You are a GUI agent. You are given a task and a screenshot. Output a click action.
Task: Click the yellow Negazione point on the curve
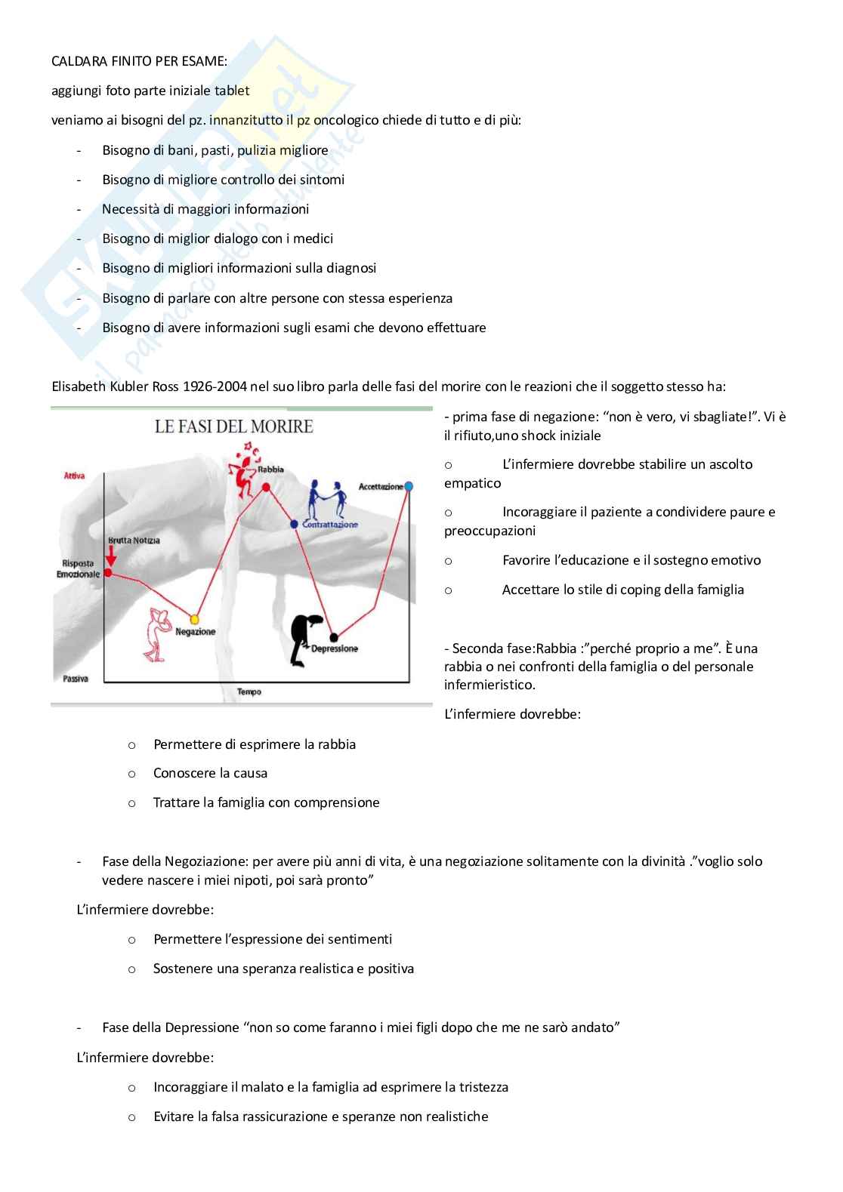(x=195, y=618)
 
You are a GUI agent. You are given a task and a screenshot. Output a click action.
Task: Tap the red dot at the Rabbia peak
(x=266, y=488)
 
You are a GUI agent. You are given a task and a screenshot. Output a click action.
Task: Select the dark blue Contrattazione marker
(x=294, y=523)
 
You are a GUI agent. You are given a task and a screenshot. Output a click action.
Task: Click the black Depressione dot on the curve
(x=334, y=636)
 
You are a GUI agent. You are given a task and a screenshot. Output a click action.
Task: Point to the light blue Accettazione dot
(x=409, y=486)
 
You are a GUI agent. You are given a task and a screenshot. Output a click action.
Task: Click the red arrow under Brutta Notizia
(x=111, y=556)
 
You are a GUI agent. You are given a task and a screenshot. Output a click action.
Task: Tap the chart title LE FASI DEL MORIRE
(x=234, y=427)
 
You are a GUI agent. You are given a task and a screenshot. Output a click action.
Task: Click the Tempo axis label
(x=249, y=691)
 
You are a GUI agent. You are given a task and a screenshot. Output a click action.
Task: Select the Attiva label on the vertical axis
(x=74, y=476)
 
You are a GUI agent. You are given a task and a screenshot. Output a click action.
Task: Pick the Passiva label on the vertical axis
(x=75, y=679)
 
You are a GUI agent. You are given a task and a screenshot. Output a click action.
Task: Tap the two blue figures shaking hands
(x=327, y=500)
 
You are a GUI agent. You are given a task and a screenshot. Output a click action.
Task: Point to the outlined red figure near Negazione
(x=159, y=632)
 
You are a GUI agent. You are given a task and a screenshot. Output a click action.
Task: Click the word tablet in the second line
(x=231, y=91)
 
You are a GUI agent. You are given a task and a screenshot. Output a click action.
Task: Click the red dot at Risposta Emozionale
(x=107, y=573)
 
